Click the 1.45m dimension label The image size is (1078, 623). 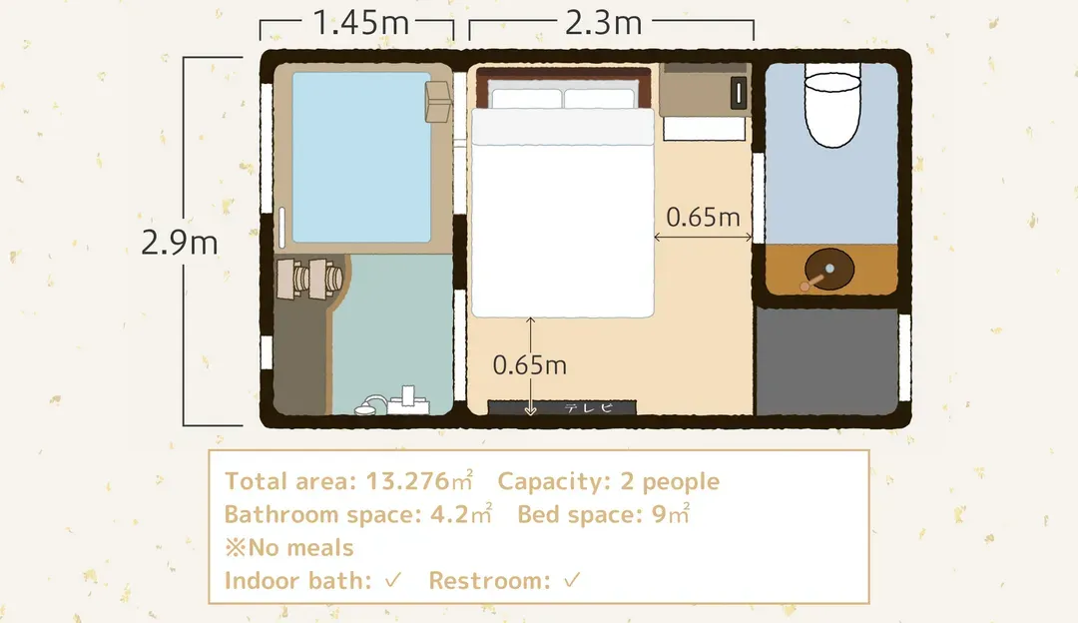pyautogui.click(x=361, y=22)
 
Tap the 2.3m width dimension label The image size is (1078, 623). pyautogui.click(x=604, y=23)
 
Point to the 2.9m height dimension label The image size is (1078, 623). pyautogui.click(x=180, y=242)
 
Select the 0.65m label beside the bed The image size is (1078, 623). pyautogui.click(x=703, y=218)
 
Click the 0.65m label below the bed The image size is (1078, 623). pyautogui.click(x=529, y=365)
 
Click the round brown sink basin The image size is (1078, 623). pyautogui.click(x=829, y=269)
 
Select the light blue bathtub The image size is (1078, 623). pyautogui.click(x=361, y=158)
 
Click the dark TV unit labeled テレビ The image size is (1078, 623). pyautogui.click(x=562, y=407)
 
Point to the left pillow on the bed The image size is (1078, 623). pyautogui.click(x=527, y=98)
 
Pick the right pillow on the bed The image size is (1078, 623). pyautogui.click(x=599, y=98)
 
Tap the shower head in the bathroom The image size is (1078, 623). pyautogui.click(x=369, y=405)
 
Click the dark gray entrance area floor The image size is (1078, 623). pyautogui.click(x=826, y=361)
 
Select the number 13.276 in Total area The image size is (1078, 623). pyautogui.click(x=407, y=481)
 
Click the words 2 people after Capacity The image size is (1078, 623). pyautogui.click(x=670, y=481)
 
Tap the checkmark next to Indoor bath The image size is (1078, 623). pyautogui.click(x=393, y=580)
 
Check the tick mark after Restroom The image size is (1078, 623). pyautogui.click(x=572, y=580)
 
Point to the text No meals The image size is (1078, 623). pyautogui.click(x=300, y=548)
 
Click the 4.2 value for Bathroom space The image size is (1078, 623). pyautogui.click(x=449, y=515)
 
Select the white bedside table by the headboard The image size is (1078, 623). pyautogui.click(x=704, y=129)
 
